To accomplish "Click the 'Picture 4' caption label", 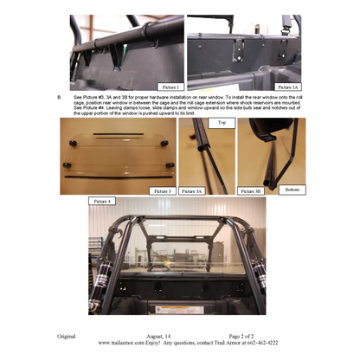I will click(x=101, y=202).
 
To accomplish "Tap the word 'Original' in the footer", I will click(x=67, y=334).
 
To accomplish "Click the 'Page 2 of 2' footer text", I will click(x=246, y=334).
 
